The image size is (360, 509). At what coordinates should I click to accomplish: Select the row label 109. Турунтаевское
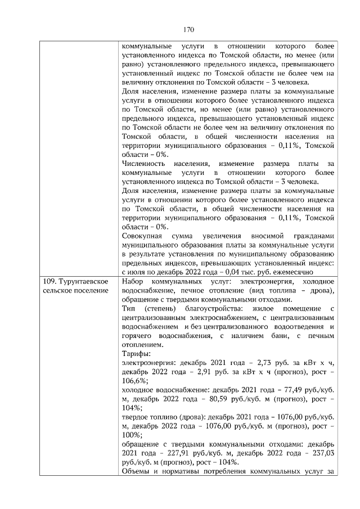[76, 281]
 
